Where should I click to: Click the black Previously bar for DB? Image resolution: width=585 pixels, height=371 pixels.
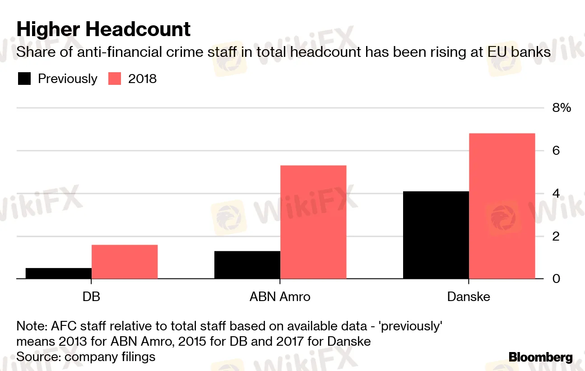click(x=59, y=273)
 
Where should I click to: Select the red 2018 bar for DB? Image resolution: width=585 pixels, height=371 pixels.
click(x=125, y=262)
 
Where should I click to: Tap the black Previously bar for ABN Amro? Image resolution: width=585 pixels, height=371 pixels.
click(x=247, y=265)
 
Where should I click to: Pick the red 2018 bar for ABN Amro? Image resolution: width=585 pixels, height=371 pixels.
click(x=313, y=222)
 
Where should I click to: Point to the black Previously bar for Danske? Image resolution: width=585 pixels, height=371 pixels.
click(x=436, y=235)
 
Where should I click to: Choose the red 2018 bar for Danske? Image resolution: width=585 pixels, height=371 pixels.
click(x=502, y=206)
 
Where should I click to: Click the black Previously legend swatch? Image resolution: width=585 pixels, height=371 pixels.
click(x=24, y=79)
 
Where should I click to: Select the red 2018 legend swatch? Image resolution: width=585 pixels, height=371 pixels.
click(x=115, y=79)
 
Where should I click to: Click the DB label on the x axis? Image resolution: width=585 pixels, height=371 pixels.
click(x=91, y=297)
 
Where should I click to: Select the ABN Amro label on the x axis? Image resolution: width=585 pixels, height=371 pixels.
click(x=280, y=297)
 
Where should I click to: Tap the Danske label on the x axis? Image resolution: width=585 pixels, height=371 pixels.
click(x=469, y=297)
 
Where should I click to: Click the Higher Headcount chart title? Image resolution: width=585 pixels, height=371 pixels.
click(x=103, y=30)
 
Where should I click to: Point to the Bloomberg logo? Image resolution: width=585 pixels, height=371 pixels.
click(x=541, y=357)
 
